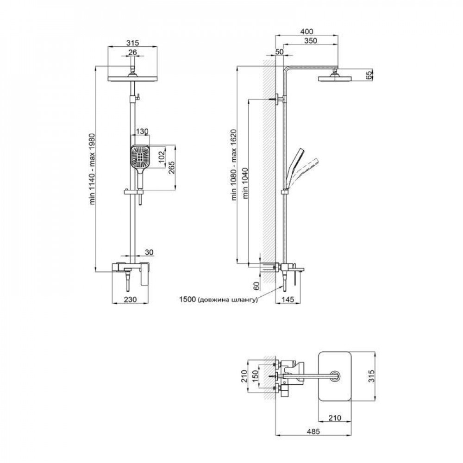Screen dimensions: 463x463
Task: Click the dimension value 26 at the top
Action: coord(133,52)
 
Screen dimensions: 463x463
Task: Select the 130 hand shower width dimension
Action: coord(143,131)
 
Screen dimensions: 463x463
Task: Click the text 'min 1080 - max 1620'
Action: coord(235,164)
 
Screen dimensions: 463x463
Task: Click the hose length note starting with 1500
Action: coord(219,300)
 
